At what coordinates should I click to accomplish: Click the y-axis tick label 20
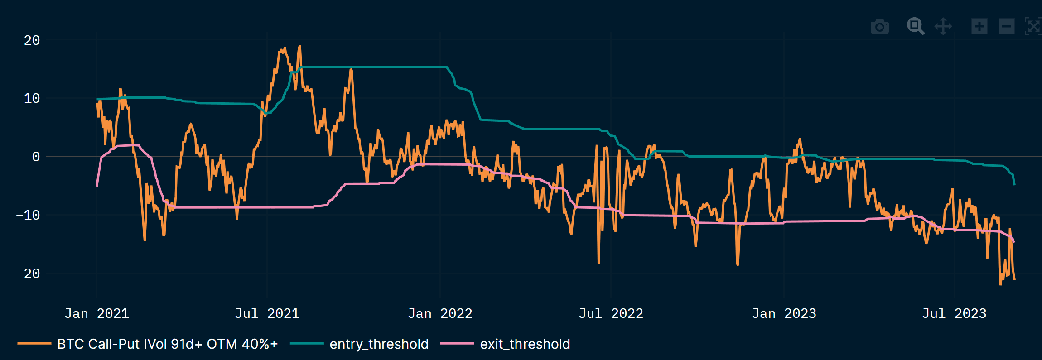32,41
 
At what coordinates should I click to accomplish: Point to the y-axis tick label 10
32,99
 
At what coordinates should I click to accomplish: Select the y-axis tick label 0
36,157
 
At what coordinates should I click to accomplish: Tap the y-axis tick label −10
28,215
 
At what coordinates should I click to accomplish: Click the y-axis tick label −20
28,274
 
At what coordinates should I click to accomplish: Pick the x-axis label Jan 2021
96,313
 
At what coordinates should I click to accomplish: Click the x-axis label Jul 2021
267,313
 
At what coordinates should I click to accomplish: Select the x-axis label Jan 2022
440,313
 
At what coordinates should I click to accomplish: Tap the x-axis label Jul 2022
611,313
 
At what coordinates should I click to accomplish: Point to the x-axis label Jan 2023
784,313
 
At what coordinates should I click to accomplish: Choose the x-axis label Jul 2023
954,313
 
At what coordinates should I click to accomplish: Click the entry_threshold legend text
379,344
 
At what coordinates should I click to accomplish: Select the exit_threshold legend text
525,344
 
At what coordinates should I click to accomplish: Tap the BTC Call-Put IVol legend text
167,344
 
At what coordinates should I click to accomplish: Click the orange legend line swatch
34,344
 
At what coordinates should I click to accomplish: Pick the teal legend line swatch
307,344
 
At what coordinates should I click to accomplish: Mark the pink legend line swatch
457,344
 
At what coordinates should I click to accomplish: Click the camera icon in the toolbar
879,27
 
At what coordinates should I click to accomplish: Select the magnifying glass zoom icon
915,26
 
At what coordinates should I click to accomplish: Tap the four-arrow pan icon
943,26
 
